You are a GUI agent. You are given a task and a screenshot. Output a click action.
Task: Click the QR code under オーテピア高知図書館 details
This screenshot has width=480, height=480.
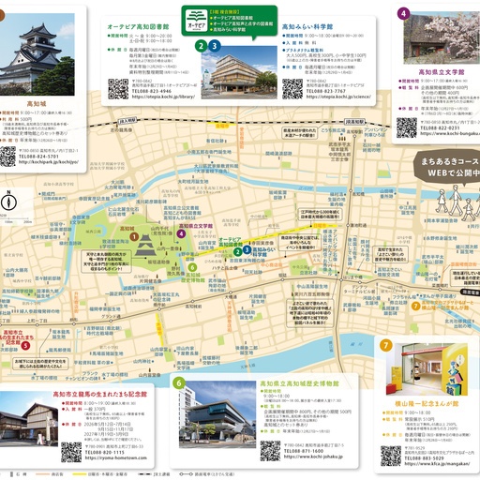click(x=117, y=89)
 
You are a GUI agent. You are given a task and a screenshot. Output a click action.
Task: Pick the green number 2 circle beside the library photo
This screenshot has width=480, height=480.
click(x=201, y=44)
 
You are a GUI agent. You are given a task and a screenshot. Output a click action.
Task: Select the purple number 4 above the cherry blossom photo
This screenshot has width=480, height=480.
click(x=402, y=13)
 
